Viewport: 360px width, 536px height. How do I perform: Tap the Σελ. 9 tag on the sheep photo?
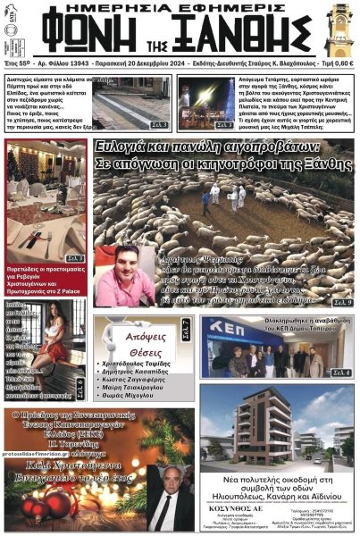tap(343, 302)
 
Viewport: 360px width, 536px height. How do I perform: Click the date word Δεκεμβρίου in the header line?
tap(179, 65)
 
